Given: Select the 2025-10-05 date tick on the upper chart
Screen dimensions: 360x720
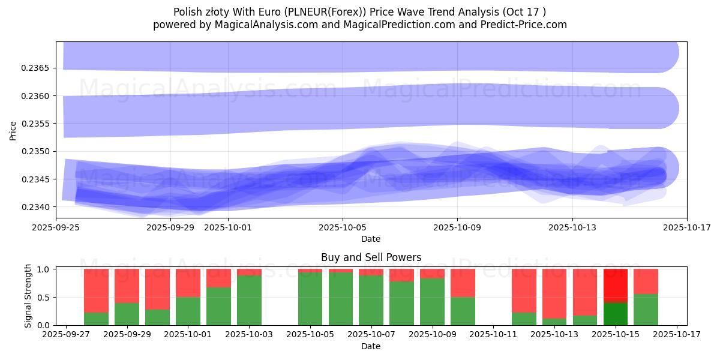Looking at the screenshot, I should (x=343, y=227).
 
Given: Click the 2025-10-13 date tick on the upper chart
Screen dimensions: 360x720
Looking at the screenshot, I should (x=572, y=227).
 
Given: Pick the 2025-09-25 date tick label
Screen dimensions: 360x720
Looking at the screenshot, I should (x=56, y=227).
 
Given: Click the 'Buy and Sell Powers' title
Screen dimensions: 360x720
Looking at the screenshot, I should (x=371, y=257).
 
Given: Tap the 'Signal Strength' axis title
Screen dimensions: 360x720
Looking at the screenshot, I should (x=28, y=296).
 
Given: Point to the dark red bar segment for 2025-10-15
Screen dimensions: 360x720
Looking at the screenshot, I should (x=615, y=285).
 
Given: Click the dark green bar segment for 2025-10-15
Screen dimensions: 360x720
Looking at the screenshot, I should (x=615, y=314).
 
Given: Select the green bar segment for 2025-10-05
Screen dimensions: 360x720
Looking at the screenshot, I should (x=310, y=299).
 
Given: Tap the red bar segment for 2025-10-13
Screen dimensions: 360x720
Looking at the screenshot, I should (x=554, y=293).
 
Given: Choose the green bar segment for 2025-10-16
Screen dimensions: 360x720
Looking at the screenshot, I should (x=646, y=310).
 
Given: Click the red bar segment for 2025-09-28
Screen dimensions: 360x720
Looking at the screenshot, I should (x=96, y=290).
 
